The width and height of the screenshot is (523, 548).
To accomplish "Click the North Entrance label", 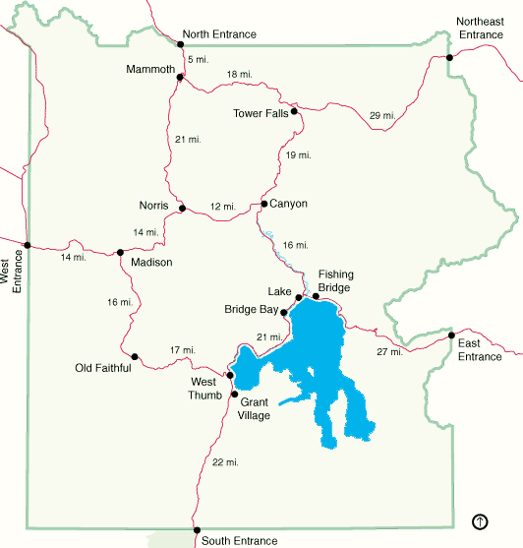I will (220, 34).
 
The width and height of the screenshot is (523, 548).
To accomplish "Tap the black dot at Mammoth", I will (178, 78).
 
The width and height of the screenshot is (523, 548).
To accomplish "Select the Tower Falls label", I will (261, 113).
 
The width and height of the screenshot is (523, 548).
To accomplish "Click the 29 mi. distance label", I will (382, 116).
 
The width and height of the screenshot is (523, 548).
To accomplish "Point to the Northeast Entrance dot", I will (449, 57).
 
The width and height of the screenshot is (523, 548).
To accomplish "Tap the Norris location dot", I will (183, 208).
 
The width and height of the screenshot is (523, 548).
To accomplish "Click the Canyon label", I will (288, 204).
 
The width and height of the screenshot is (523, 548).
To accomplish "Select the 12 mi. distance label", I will (223, 207).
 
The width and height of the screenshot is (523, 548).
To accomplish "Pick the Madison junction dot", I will (120, 252).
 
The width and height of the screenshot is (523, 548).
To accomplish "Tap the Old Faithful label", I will (103, 369).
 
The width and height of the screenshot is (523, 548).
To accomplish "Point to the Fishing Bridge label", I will (335, 281).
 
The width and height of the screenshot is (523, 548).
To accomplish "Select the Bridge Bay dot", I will (284, 313).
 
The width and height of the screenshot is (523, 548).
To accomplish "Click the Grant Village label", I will (254, 408).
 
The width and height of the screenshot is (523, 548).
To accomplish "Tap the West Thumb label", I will (203, 389).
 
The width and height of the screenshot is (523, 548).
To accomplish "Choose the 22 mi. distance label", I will (224, 462).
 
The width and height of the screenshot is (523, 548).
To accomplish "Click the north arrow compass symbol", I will (481, 520).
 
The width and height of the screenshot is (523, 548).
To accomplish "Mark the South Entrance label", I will (239, 541).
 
